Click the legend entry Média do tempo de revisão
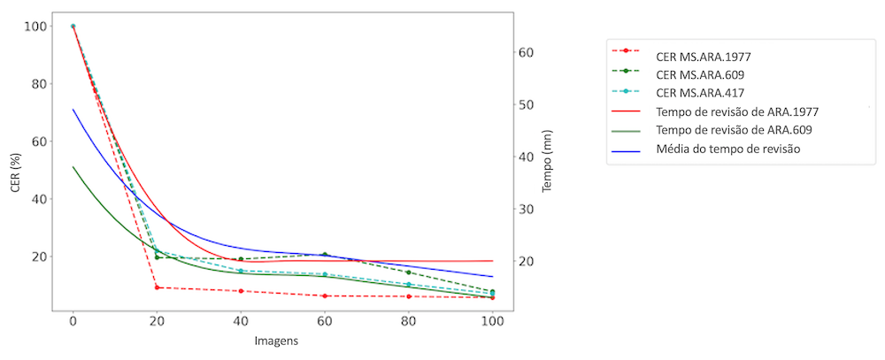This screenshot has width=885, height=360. [727, 149]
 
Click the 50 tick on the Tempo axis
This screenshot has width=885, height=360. [526, 104]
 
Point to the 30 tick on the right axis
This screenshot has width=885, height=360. [526, 209]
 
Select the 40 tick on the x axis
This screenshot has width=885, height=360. [241, 323]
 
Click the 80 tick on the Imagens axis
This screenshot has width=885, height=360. [408, 323]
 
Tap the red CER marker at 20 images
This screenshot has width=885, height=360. [157, 287]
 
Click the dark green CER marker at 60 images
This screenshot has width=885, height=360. [325, 255]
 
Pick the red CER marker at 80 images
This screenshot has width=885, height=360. [408, 296]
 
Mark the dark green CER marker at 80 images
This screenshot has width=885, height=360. [408, 272]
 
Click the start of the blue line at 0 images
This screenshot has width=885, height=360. [73, 110]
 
